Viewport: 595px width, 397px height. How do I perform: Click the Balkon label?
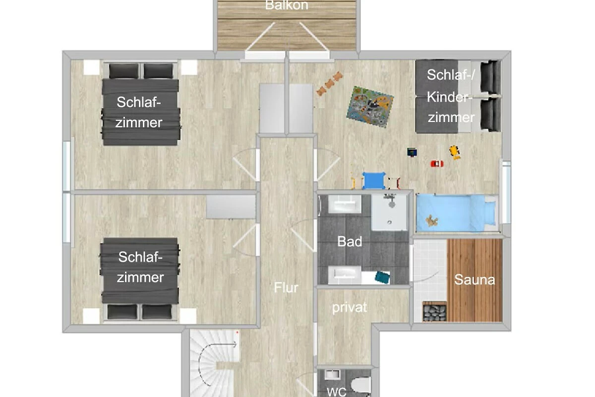pyautogui.click(x=287, y=5)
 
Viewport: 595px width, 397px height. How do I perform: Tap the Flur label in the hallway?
pyautogui.click(x=286, y=287)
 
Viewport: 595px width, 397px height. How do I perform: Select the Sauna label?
pyautogui.click(x=475, y=280)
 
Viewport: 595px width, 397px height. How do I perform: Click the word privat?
pyautogui.click(x=349, y=308)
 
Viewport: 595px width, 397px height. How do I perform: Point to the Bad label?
pyautogui.click(x=350, y=242)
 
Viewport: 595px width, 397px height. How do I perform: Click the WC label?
pyautogui.click(x=337, y=392)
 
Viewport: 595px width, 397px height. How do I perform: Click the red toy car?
pyautogui.click(x=437, y=164)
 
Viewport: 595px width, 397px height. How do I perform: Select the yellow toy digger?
pyautogui.click(x=455, y=152)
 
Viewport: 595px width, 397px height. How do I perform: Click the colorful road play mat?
pyautogui.click(x=370, y=107)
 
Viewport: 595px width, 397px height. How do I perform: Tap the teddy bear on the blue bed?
pyautogui.click(x=432, y=221)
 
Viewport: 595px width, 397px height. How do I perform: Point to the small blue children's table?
pyautogui.click(x=374, y=181)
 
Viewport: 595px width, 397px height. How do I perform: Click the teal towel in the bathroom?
pyautogui.click(x=382, y=277)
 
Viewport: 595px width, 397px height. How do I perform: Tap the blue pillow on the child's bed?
pyautogui.click(x=490, y=213)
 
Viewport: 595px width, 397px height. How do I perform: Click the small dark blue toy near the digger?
pyautogui.click(x=412, y=152)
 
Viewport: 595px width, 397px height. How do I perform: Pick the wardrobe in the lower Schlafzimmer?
pyautogui.click(x=231, y=207)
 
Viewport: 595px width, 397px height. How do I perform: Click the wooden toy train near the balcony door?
pyautogui.click(x=329, y=83)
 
